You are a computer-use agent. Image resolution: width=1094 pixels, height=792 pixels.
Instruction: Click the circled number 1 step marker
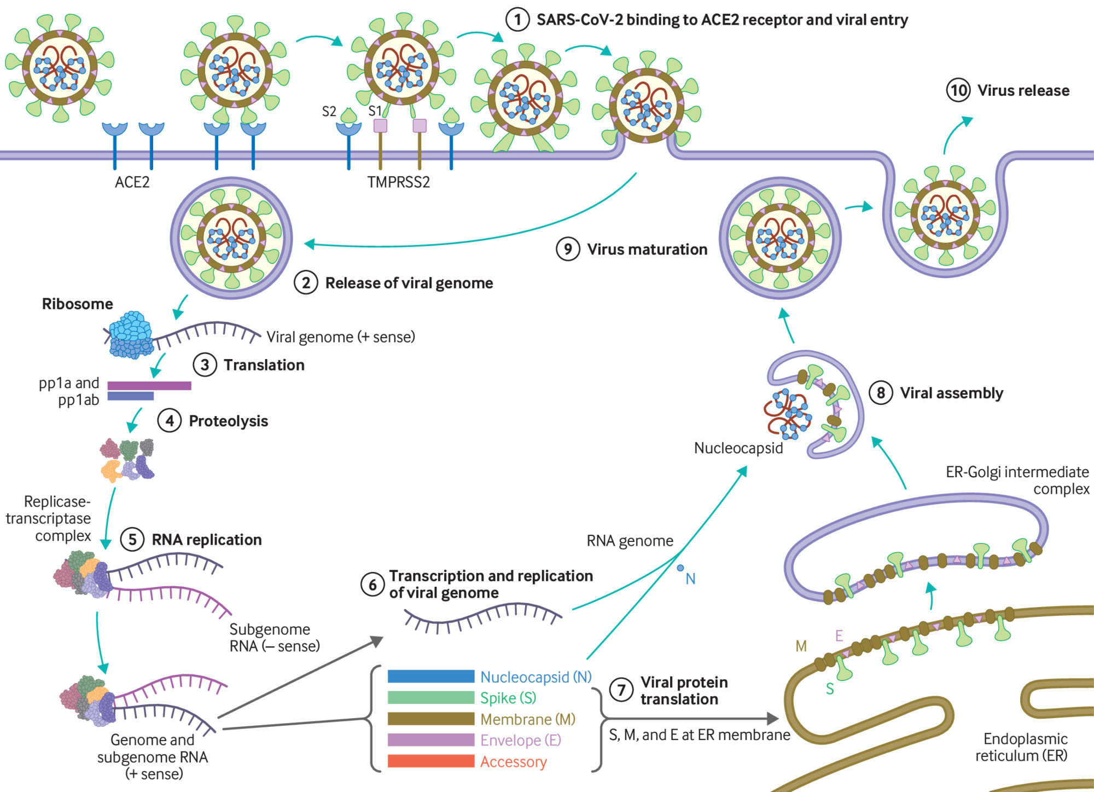point(517,20)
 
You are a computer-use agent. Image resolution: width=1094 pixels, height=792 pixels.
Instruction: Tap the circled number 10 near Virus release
point(958,90)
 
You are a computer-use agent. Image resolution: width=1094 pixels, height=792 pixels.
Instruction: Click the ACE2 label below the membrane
point(132,182)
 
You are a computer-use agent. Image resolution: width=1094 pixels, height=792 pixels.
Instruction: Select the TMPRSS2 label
point(398,182)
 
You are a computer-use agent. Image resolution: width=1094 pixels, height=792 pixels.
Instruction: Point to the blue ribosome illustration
point(130,334)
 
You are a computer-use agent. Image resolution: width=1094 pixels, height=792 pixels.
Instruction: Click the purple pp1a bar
point(149,385)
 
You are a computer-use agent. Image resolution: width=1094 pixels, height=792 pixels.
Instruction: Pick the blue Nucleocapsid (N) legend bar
point(430,677)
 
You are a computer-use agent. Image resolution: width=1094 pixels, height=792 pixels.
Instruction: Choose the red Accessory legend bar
point(430,761)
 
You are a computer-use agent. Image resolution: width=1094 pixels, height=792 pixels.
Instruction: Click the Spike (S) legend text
point(508,698)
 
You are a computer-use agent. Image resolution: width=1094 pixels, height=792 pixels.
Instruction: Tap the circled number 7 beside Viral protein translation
point(621,690)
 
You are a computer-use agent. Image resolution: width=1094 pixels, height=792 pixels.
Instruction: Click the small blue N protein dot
point(680,568)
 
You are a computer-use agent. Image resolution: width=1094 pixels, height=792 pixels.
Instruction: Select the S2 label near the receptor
point(329,112)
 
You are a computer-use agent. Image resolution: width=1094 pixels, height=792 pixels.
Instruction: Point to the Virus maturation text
point(647,250)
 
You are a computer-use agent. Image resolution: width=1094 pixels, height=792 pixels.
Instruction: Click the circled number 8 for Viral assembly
point(881,393)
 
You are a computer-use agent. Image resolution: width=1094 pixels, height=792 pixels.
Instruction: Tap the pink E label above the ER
point(839,635)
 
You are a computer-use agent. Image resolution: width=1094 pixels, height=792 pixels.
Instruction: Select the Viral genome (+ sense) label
point(340,337)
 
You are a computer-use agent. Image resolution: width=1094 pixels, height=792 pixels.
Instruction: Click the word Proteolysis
point(228,421)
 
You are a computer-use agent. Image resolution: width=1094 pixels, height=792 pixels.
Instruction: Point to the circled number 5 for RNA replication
point(132,540)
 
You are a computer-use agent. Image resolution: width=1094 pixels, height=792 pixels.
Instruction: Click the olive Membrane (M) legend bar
point(430,719)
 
